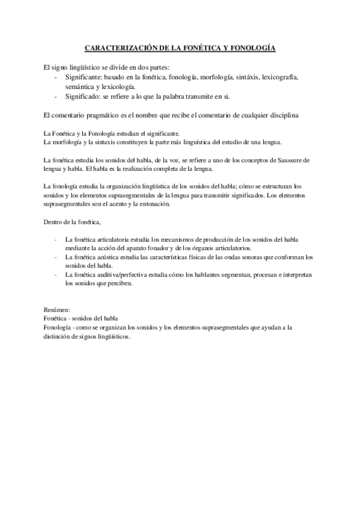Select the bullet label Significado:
(83, 96)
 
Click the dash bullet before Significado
(56, 96)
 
